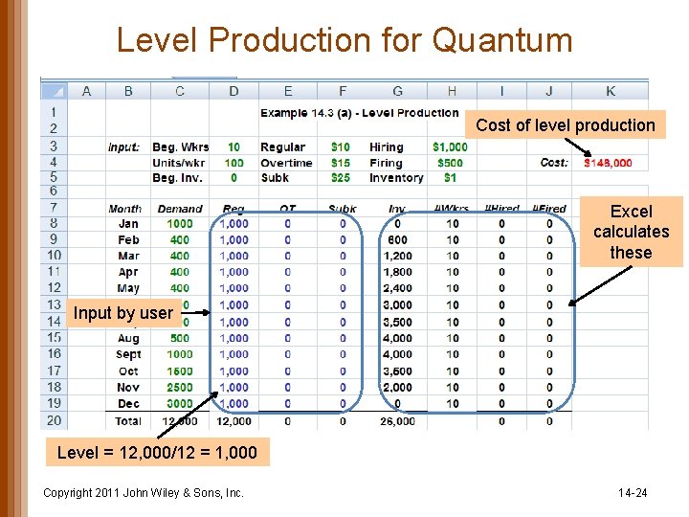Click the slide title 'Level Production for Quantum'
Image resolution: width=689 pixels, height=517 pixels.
[x=344, y=40]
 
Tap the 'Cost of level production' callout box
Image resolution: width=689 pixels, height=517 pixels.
[x=565, y=125]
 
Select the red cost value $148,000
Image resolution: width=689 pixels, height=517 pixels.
[x=608, y=163]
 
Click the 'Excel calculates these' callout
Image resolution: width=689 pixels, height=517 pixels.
[x=631, y=232]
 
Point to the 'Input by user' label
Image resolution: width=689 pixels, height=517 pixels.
[x=123, y=313]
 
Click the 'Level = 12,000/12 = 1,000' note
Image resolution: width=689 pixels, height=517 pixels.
[x=157, y=453]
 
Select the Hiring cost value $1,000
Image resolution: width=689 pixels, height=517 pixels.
[x=450, y=146]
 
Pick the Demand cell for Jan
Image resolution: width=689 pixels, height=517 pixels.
[x=180, y=224]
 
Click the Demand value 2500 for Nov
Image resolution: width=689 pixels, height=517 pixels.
[x=180, y=387]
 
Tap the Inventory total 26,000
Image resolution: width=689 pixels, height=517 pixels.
[x=397, y=421]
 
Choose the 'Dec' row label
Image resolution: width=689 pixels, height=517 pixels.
[x=128, y=403]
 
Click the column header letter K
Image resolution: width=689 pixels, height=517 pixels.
[x=611, y=91]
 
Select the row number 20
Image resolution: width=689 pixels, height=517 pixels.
[x=54, y=420]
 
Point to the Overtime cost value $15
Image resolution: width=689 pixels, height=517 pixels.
[x=341, y=163]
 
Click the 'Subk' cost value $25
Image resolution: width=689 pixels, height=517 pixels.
[x=341, y=178]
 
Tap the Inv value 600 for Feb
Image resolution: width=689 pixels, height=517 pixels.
[x=397, y=240]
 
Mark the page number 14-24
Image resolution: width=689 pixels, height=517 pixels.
[x=633, y=493]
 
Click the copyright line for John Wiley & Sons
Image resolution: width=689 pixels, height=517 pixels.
[x=144, y=493]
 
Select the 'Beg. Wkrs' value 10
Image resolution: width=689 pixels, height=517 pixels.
[x=233, y=146]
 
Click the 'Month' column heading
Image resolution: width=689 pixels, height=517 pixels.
[x=125, y=209]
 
